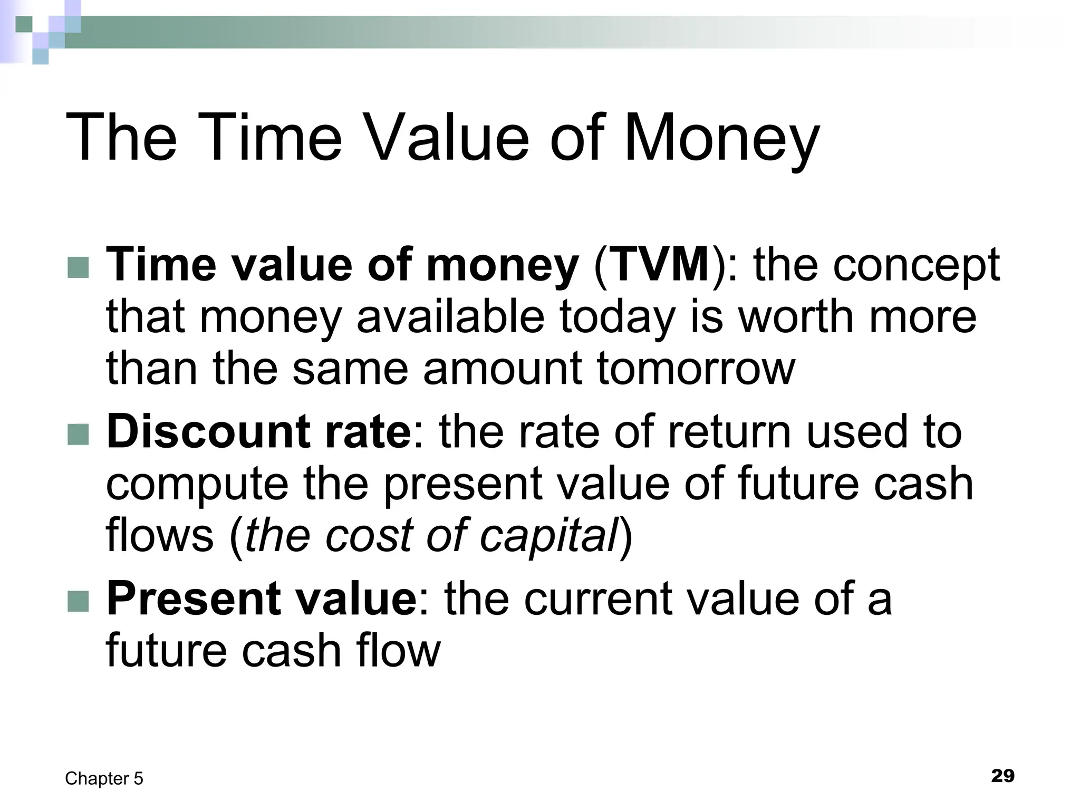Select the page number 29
point(1002,776)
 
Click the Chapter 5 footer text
point(104,778)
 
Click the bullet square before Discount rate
point(79,435)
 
